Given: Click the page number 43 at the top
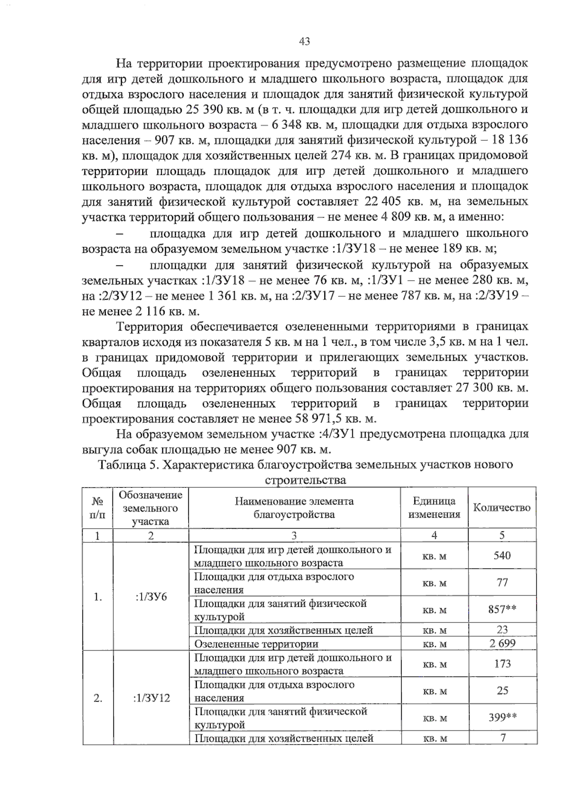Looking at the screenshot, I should pyautogui.click(x=304, y=42).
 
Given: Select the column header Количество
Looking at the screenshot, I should pyautogui.click(x=502, y=508).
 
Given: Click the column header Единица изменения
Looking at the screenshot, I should pyautogui.click(x=434, y=508).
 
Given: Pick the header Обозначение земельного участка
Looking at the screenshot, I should pyautogui.click(x=151, y=508).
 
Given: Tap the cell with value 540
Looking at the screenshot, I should pyautogui.click(x=502, y=556).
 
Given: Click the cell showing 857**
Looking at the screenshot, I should pyautogui.click(x=502, y=610).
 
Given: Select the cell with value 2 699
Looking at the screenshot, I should pyautogui.click(x=502, y=643).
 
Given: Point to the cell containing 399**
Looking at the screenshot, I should pyautogui.click(x=503, y=718).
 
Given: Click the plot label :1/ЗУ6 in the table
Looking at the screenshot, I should pyautogui.click(x=151, y=597).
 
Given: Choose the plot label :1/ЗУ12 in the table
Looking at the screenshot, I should pyautogui.click(x=151, y=698).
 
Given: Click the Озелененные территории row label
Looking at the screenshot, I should pyautogui.click(x=256, y=644).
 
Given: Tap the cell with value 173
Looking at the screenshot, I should pyautogui.click(x=502, y=664).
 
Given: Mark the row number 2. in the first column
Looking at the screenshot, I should pyautogui.click(x=98, y=698).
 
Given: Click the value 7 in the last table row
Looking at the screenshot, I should pyautogui.click(x=503, y=738).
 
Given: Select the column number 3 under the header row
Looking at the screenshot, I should pyautogui.click(x=294, y=535).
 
